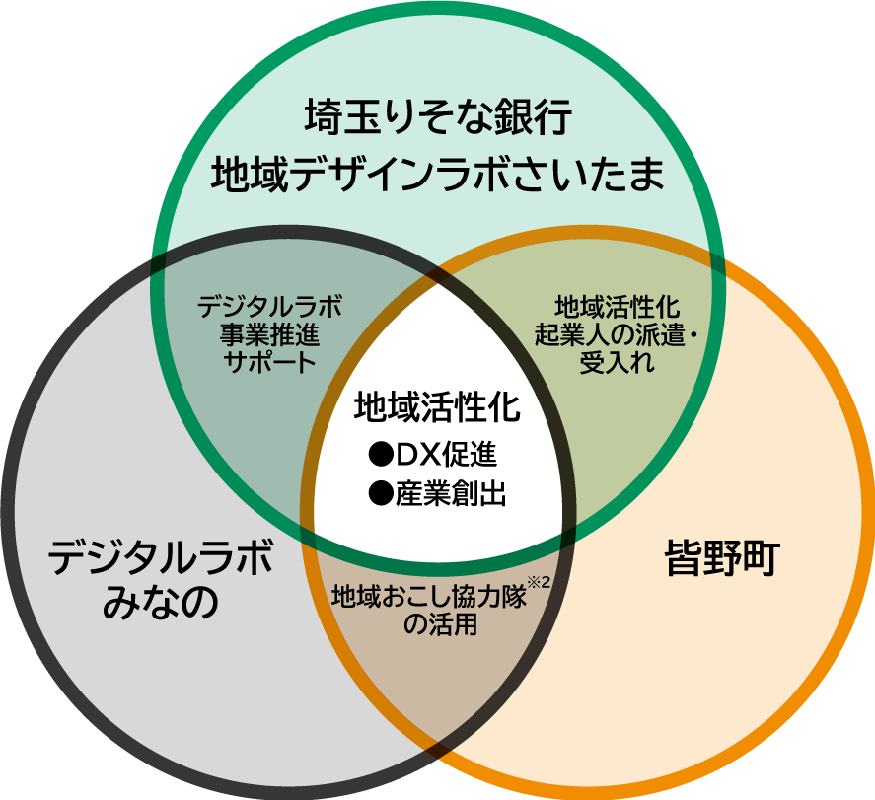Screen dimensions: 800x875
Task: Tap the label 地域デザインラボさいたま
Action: click(438, 177)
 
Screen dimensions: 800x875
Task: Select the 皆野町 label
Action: click(723, 560)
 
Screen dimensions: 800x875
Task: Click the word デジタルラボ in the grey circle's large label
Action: click(161, 560)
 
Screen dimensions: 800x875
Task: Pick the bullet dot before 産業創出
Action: click(380, 493)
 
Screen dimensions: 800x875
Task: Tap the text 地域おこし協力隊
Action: click(428, 597)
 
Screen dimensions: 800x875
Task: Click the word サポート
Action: click(269, 360)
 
